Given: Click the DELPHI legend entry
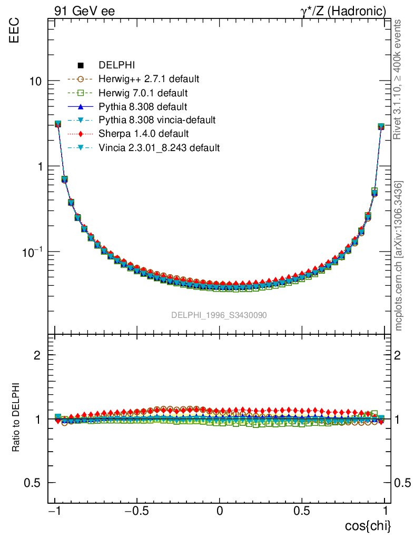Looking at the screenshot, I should tap(117, 66).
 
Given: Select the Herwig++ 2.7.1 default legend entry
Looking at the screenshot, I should tap(149, 79).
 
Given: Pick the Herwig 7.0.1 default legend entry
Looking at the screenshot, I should tap(143, 93).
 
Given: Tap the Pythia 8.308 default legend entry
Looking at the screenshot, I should tap(142, 107).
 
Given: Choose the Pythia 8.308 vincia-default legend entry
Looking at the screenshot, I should tap(156, 121).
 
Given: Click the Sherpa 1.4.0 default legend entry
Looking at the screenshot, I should tap(143, 134).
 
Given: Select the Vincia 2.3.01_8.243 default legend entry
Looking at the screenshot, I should tap(159, 148).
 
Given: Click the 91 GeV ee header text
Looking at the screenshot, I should tap(84, 11).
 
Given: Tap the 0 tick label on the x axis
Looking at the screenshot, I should tap(220, 511).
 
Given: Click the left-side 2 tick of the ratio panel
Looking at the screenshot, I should tap(38, 355).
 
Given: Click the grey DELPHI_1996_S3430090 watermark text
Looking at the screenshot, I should tap(219, 315).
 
